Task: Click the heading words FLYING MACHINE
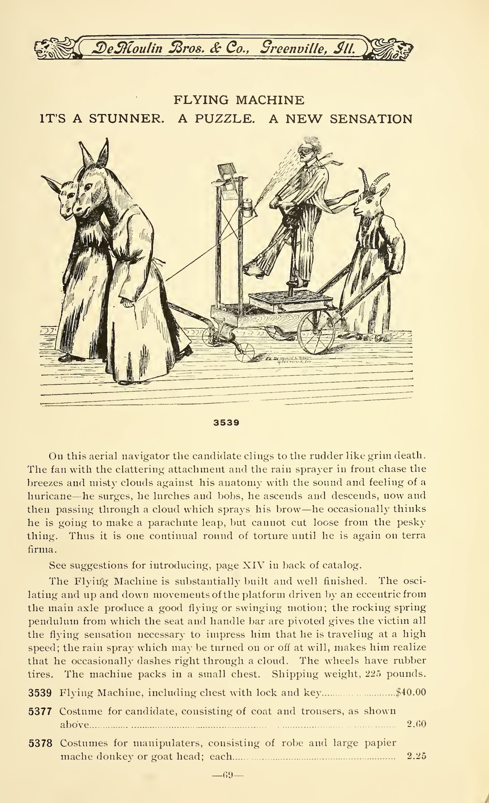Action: (x=239, y=100)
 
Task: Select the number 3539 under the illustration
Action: (x=226, y=422)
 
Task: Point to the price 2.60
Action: (x=416, y=724)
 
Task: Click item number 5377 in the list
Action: (x=40, y=711)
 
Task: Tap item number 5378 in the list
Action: (x=40, y=743)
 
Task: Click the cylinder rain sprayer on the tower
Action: (x=248, y=208)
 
